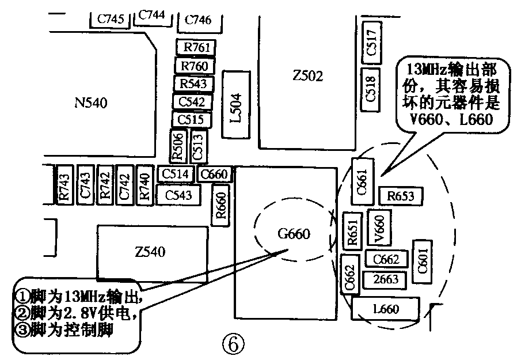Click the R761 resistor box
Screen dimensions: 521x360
(196, 47)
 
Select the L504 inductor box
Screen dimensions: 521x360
(236, 104)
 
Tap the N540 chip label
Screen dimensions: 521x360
(91, 103)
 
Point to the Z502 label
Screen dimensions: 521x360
(307, 76)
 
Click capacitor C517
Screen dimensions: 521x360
(371, 43)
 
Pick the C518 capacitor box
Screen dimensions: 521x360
(370, 89)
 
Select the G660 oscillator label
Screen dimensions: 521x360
(294, 234)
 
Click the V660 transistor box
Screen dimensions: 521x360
(379, 228)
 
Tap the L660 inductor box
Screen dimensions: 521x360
(386, 309)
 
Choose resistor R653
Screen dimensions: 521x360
(401, 196)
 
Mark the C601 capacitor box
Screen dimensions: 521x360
(423, 262)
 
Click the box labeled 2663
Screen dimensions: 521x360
(385, 279)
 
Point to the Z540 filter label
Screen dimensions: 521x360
(150, 252)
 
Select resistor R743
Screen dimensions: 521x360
(64, 185)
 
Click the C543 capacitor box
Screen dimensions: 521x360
(178, 195)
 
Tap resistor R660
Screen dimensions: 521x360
(220, 205)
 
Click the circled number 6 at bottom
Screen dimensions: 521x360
(233, 344)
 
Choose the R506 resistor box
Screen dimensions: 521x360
(178, 146)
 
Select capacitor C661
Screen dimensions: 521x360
(363, 181)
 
